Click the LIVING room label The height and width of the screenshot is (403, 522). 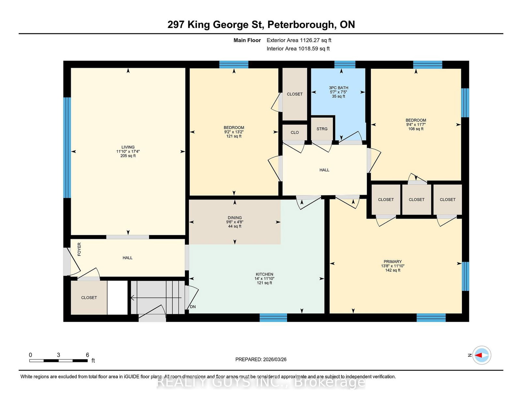[x=128, y=147]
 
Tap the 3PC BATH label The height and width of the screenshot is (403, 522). [x=338, y=88]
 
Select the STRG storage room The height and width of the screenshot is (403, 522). [x=322, y=129]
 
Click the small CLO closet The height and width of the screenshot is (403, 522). [x=295, y=132]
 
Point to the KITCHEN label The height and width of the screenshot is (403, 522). [x=264, y=274]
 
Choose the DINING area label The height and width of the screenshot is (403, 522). [x=235, y=218]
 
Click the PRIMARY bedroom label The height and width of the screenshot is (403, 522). [x=392, y=262]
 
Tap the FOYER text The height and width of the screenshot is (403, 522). [x=79, y=249]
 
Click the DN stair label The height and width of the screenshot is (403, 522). [x=193, y=307]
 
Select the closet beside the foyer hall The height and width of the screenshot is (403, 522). [x=89, y=297]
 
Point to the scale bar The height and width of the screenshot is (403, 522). [x=58, y=361]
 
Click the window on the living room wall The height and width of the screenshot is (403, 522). [x=67, y=148]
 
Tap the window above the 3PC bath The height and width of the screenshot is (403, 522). [x=345, y=65]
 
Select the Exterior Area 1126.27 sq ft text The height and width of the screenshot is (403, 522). [x=299, y=40]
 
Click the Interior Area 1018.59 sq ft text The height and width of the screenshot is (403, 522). [x=298, y=49]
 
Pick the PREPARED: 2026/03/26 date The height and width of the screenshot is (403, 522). [x=261, y=359]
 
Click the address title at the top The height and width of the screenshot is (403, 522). [x=261, y=25]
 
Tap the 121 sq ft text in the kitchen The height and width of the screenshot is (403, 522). [x=264, y=283]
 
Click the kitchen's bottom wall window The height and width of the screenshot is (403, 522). [x=273, y=317]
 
